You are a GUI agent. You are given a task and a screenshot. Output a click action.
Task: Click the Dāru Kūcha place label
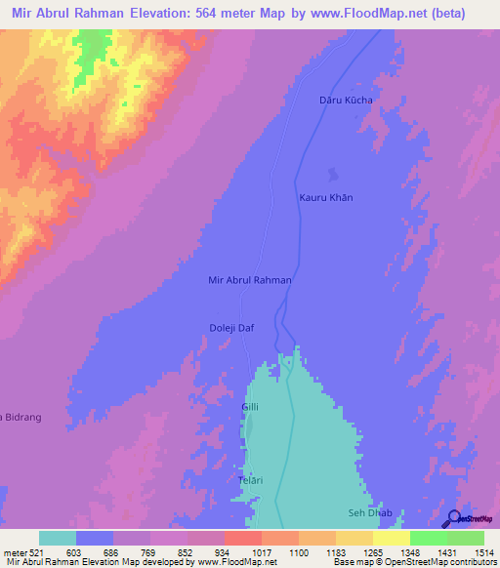[346, 100]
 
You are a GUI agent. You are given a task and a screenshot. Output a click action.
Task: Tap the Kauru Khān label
[325, 197]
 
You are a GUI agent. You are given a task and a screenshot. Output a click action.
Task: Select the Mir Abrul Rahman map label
[250, 280]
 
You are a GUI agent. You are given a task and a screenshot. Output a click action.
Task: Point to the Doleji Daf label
[231, 328]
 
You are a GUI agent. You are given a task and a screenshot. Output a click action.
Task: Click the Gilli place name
[250, 406]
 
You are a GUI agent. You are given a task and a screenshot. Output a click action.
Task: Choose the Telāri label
[252, 480]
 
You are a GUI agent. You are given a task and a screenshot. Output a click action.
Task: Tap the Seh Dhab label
[370, 512]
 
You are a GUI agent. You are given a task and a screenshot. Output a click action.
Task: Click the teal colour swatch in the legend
[58, 539]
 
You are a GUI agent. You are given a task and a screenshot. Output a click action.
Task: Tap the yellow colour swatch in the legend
[392, 539]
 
